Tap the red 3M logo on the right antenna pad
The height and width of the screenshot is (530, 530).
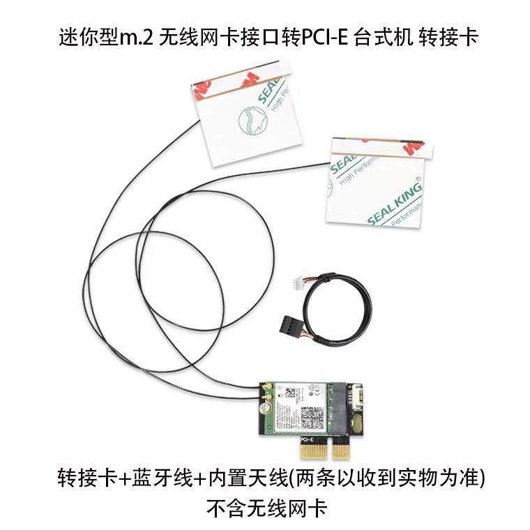click(411, 149)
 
